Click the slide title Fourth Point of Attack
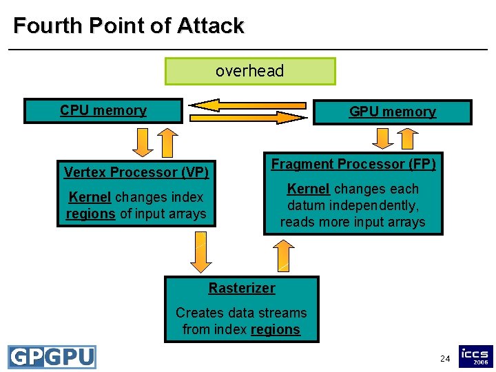tap(128, 26)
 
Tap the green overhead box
tap(250, 71)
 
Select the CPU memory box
tap(103, 110)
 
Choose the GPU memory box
tap(393, 112)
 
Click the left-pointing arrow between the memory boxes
tap(248, 105)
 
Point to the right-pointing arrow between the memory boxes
tap(248, 118)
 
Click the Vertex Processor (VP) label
tap(136, 172)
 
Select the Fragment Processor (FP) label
tap(353, 164)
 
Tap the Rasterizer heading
tap(242, 289)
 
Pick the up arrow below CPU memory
tap(166, 143)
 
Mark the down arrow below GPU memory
tap(380, 138)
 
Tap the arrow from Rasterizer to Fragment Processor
tap(282, 256)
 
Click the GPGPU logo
tap(52, 357)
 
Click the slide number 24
tap(445, 359)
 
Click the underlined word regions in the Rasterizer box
tap(276, 330)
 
